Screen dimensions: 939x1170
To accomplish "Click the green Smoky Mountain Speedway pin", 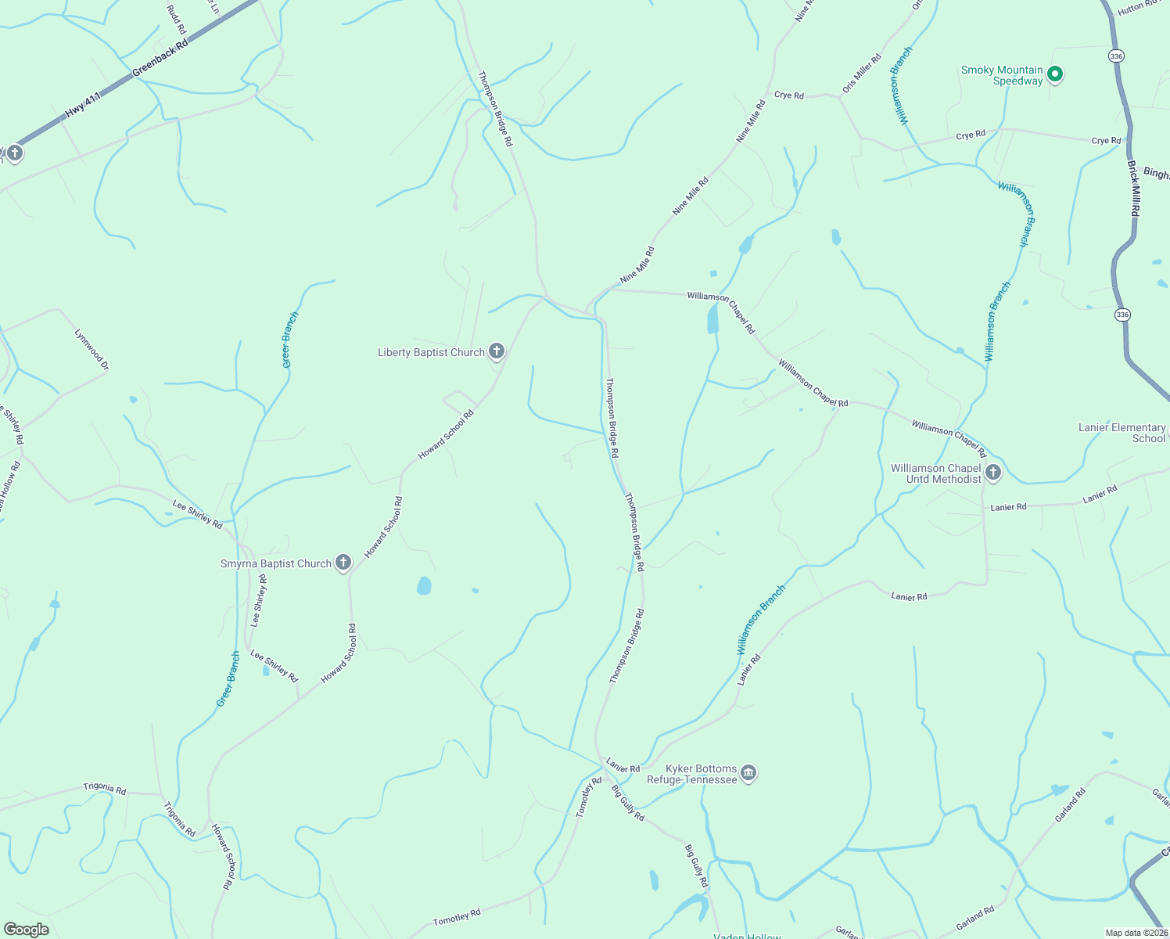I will click(1054, 74).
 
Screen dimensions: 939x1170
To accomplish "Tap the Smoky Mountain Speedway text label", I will click(1002, 75).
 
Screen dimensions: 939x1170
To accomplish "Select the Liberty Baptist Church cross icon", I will click(497, 351).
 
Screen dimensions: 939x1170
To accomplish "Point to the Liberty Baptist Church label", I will click(431, 353).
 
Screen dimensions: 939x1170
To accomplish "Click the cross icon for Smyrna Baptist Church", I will click(343, 563).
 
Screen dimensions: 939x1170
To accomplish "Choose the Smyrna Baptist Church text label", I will click(276, 564).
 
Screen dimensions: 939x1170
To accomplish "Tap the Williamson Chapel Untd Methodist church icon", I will click(993, 472).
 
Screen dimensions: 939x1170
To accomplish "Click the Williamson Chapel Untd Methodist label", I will click(935, 473).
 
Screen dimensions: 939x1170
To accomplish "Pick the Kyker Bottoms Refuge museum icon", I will click(748, 773).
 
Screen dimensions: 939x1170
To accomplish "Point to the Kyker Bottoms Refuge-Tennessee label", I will click(692, 774).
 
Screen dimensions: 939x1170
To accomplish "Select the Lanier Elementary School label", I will click(1122, 433).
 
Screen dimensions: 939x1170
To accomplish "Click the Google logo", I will click(26, 930).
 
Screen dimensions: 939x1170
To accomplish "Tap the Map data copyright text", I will click(1136, 933).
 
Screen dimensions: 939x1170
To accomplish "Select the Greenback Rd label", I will click(160, 59).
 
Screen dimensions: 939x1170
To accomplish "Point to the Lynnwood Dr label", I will click(92, 349).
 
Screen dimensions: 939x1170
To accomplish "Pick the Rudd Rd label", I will click(177, 19).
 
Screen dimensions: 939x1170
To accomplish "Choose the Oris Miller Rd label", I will click(862, 74).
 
